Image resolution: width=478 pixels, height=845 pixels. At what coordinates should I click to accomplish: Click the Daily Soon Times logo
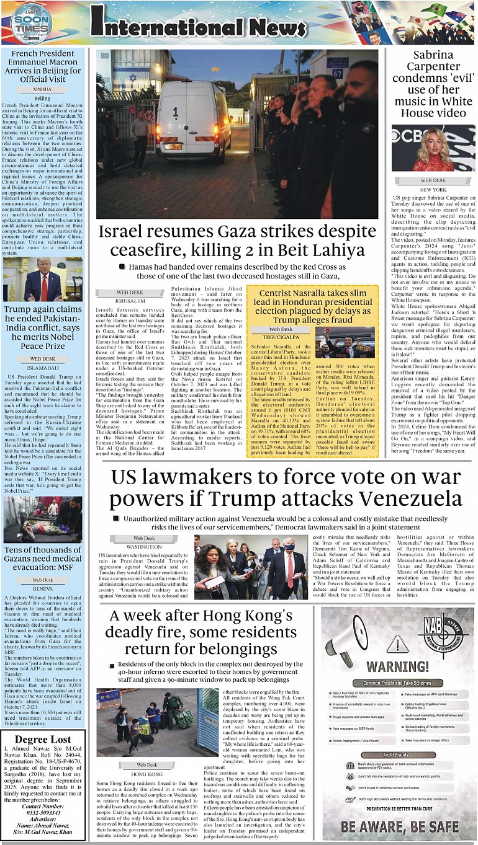pyautogui.click(x=30, y=24)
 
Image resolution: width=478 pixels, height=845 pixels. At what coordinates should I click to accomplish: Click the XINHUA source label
pyautogui.click(x=42, y=89)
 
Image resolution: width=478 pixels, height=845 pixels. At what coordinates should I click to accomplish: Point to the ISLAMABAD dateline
pyautogui.click(x=42, y=367)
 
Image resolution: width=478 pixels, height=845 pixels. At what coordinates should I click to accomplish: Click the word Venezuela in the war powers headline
pyautogui.click(x=392, y=499)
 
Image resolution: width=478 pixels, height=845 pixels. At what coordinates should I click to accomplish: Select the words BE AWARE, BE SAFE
pyautogui.click(x=399, y=826)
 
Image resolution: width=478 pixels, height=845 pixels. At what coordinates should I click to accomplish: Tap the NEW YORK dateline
pyautogui.click(x=433, y=189)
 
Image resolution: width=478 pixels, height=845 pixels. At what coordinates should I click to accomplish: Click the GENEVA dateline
pyautogui.click(x=42, y=588)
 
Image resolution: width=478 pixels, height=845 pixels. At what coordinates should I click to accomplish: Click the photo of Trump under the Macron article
pyautogui.click(x=42, y=279)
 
